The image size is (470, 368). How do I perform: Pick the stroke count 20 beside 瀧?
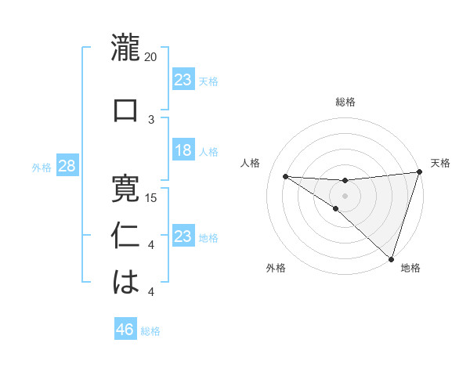[x=151, y=57]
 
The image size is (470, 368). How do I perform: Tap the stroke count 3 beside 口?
[x=151, y=119]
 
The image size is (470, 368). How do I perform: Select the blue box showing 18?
[x=183, y=150]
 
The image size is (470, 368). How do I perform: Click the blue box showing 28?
[x=67, y=166]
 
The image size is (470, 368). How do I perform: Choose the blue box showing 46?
[x=125, y=330]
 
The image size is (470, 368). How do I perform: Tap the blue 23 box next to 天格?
[x=183, y=80]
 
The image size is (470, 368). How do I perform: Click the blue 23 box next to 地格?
[x=183, y=236]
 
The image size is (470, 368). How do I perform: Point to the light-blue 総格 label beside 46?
[x=150, y=331]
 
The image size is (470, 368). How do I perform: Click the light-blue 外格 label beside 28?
[x=42, y=167]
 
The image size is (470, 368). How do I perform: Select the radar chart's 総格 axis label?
[x=345, y=102]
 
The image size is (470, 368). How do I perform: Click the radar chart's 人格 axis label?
[x=251, y=164]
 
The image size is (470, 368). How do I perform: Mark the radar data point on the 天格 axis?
[x=419, y=173]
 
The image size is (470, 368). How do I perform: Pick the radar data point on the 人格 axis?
[x=285, y=176]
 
